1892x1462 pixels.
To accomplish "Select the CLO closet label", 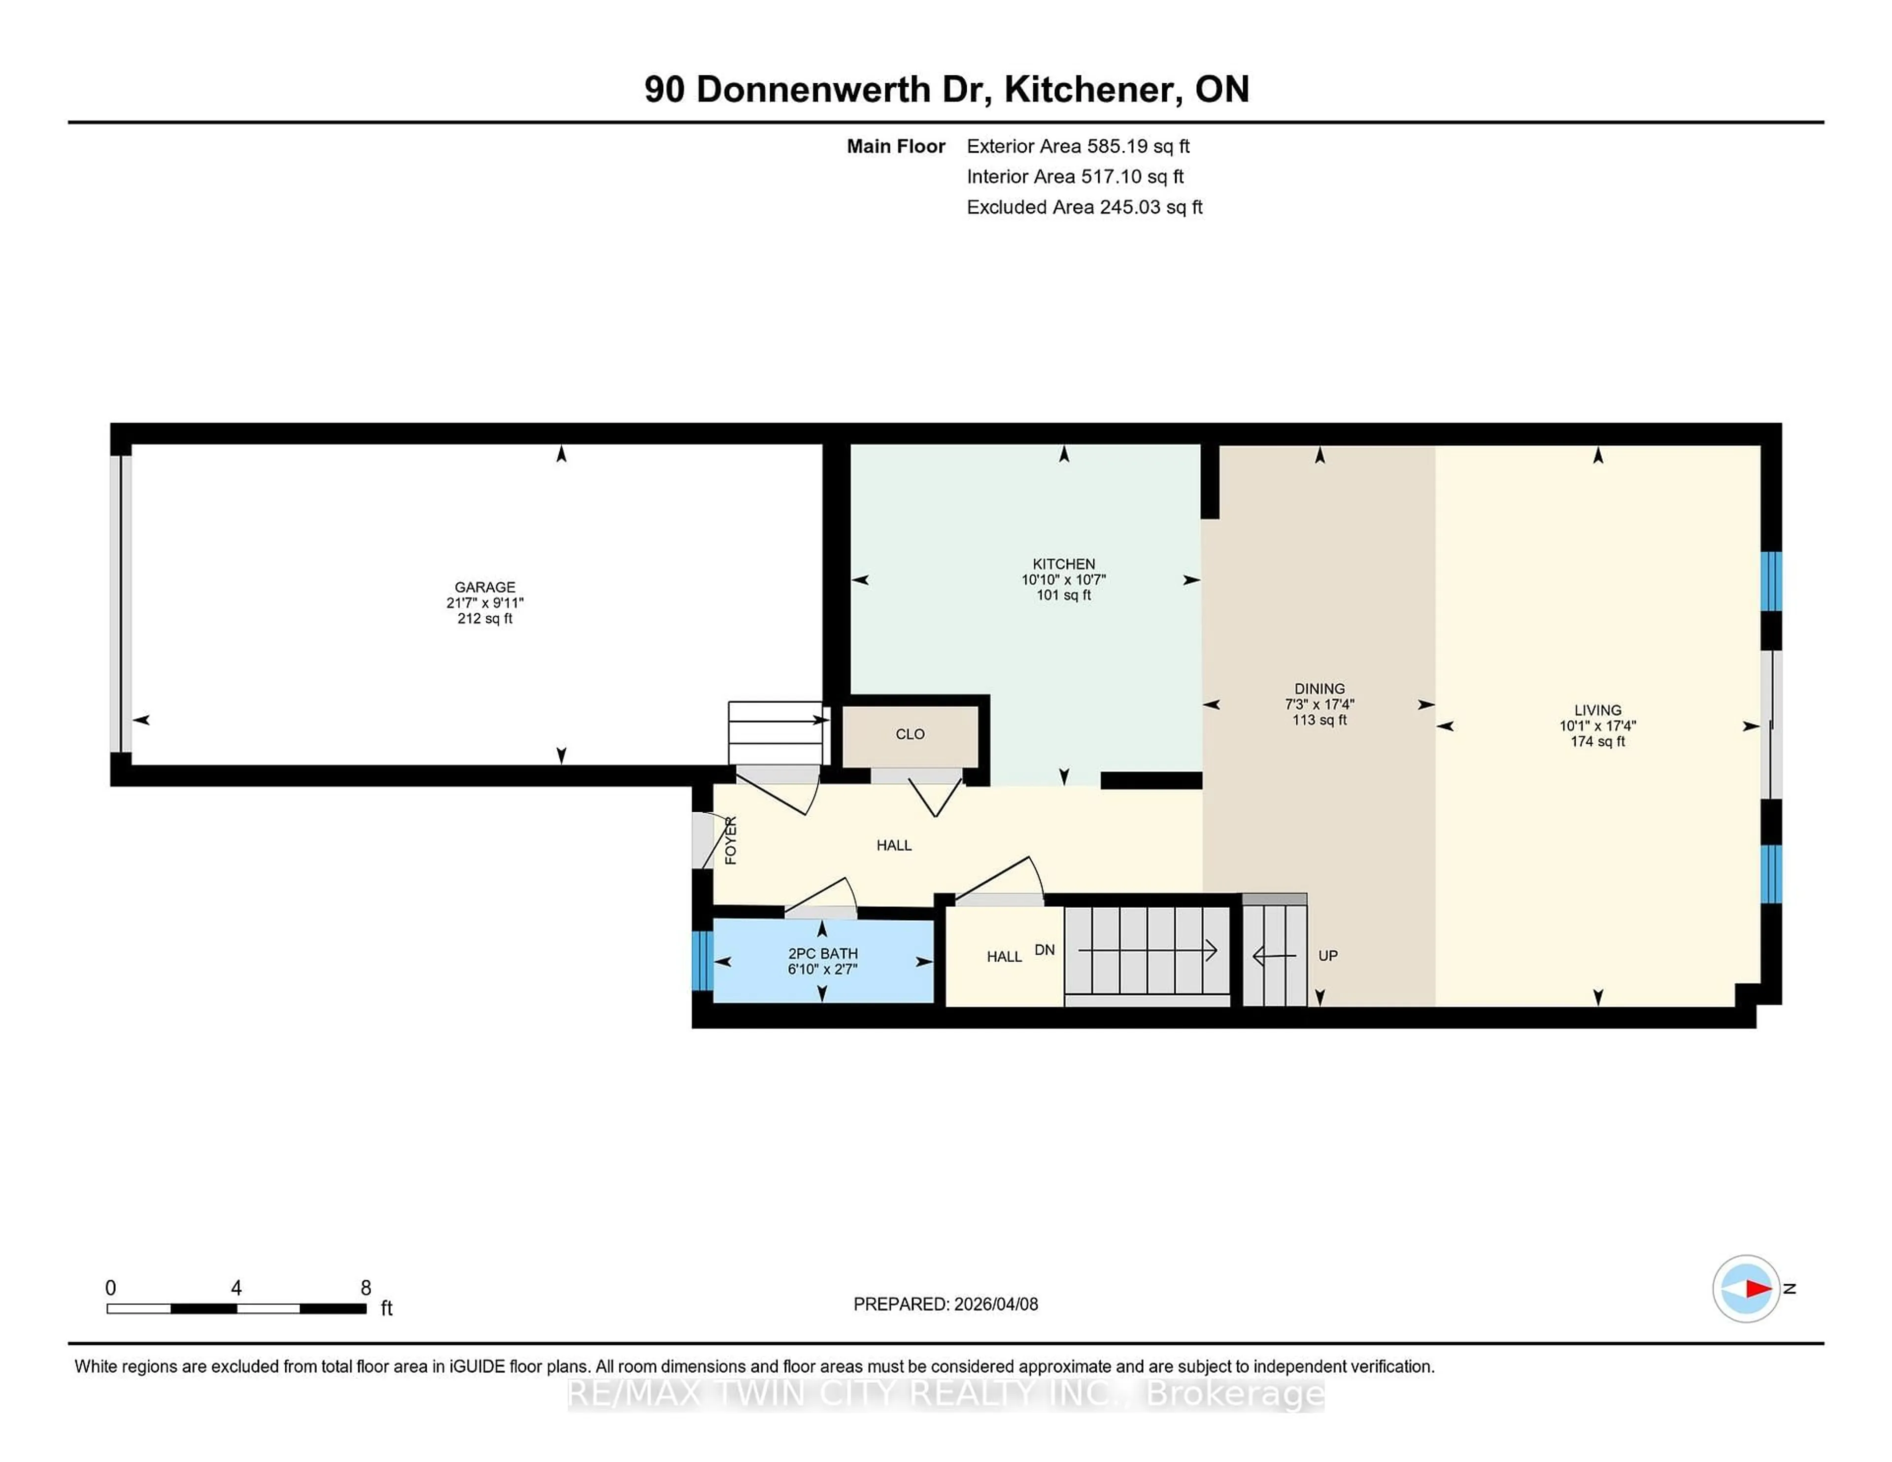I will coord(910,733).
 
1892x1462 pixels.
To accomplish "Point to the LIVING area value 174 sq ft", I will coord(1597,741).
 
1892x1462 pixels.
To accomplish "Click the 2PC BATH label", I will coord(822,953).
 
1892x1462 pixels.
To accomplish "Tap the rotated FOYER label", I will coord(730,840).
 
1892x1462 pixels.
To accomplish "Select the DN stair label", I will coord(1044,950).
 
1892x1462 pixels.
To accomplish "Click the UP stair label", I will coord(1327,955).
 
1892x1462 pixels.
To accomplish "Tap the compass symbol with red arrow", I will coord(1746,1289).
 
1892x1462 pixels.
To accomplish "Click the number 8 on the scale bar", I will coord(366,1288).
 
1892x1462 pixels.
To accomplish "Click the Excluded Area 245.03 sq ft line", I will coord(1084,207).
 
